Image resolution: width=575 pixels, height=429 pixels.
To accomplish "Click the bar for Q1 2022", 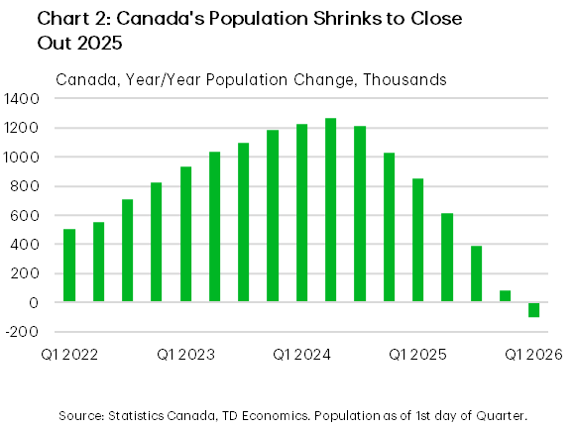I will tap(69, 266).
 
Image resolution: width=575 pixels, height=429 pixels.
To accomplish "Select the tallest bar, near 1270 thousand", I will tap(331, 210).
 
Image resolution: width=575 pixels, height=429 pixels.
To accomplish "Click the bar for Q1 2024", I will tap(301, 213).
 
